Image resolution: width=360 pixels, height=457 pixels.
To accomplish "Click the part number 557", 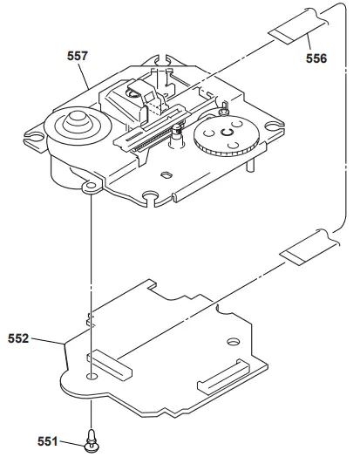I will click(x=78, y=54).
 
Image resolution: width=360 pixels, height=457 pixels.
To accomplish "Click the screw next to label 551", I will click(x=91, y=443).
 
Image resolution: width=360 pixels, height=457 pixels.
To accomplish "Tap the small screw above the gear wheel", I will click(x=225, y=113).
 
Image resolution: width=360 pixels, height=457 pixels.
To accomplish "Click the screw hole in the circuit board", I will click(x=92, y=378).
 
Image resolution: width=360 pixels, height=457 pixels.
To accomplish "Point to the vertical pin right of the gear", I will click(x=251, y=163).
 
